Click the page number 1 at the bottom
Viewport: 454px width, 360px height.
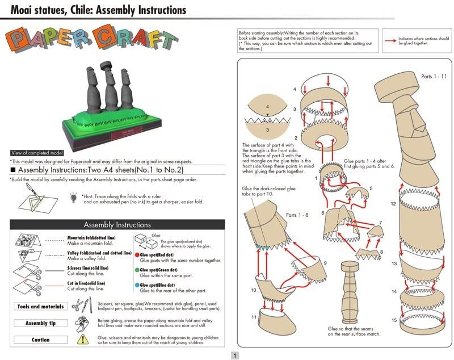tap(234, 355)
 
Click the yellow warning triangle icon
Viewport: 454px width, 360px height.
tap(83, 339)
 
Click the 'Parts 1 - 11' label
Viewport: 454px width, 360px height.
tap(434, 76)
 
